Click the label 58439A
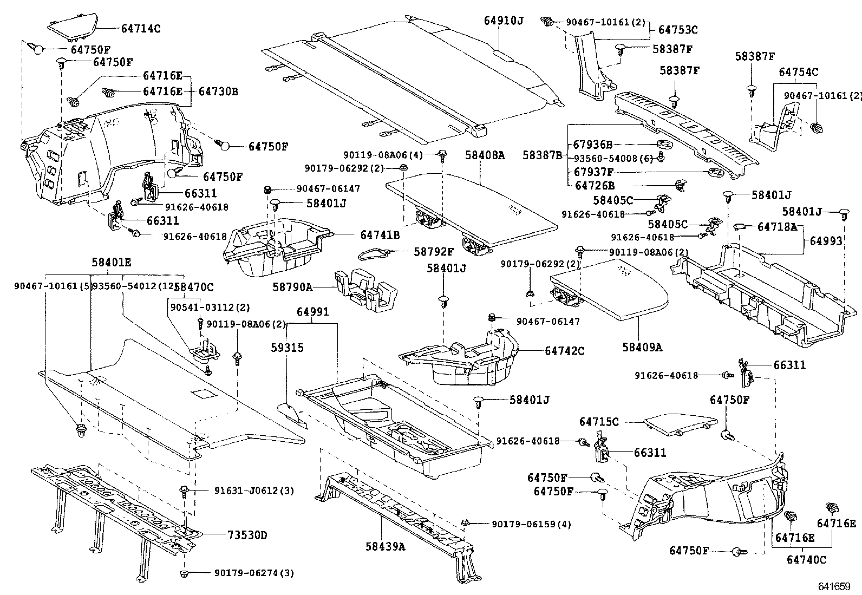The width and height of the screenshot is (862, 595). coord(385,546)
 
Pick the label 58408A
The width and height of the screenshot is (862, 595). coord(485,155)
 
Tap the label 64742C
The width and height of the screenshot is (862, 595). coord(565,351)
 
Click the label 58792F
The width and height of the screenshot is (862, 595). coord(434,252)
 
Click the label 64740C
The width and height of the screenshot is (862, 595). coord(806,559)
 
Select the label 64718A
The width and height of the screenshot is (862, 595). coord(776,226)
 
